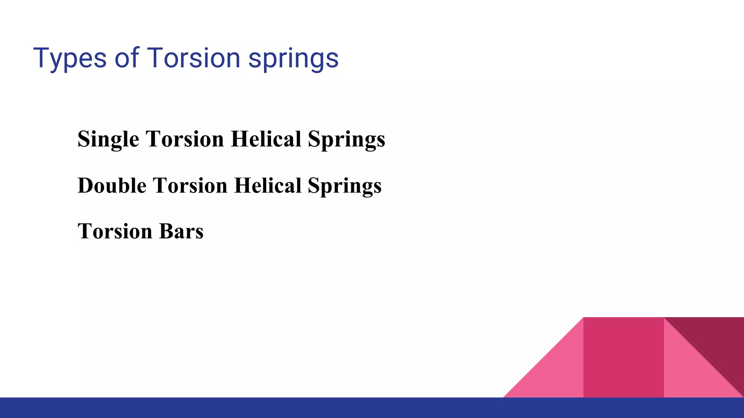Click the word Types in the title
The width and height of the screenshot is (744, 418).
(70, 58)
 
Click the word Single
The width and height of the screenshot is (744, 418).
(108, 139)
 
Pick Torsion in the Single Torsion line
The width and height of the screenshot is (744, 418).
(185, 139)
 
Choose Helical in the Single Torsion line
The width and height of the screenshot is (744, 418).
(266, 139)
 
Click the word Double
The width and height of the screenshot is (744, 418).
(112, 185)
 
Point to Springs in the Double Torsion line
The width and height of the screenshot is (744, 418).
(345, 186)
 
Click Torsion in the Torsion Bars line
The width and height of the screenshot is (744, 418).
(115, 231)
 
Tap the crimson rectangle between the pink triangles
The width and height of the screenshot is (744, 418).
(623, 357)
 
